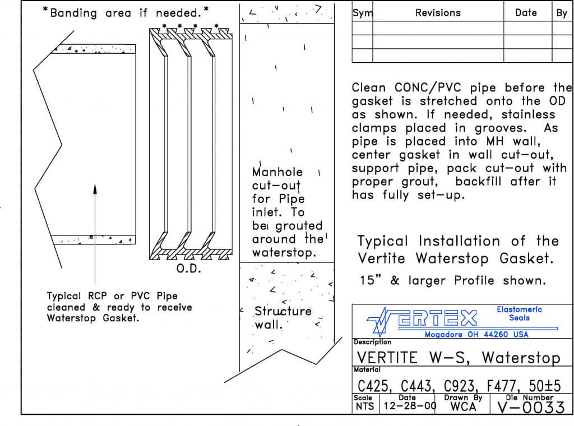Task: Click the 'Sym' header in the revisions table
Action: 363,13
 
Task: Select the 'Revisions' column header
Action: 438,13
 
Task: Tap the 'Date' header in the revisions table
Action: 526,13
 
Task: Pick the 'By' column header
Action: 562,13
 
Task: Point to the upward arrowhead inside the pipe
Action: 95,189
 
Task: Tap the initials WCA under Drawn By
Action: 463,407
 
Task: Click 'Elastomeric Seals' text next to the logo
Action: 519,313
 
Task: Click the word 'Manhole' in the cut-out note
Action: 277,172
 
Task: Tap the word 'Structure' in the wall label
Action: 283,311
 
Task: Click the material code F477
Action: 503,386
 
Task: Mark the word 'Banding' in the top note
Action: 76,13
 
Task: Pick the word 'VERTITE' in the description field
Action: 387,358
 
